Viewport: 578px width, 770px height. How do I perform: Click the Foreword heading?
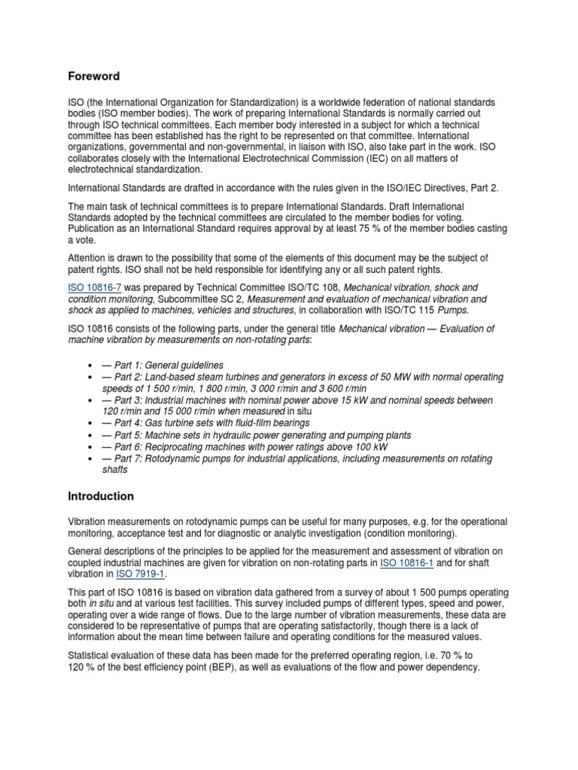(94, 76)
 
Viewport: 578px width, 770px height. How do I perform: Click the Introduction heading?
(101, 496)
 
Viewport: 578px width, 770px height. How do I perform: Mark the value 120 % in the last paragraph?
(81, 667)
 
